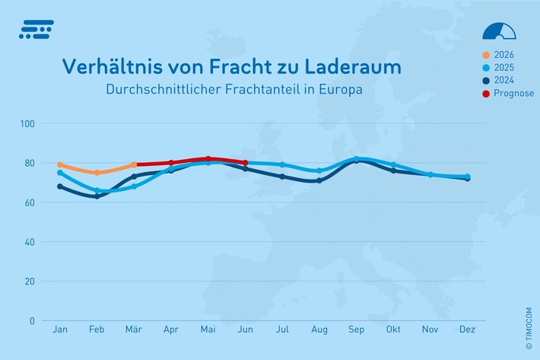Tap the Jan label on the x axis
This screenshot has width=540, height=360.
point(60,330)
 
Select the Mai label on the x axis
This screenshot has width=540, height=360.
point(208,330)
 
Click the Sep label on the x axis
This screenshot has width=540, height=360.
point(356,330)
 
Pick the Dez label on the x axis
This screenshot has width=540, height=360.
point(467,330)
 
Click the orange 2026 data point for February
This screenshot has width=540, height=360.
point(97,173)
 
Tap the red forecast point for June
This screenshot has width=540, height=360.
point(245,163)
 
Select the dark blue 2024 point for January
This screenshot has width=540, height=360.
point(60,186)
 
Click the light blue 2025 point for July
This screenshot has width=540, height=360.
point(282,164)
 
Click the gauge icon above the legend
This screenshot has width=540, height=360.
point(500,30)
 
